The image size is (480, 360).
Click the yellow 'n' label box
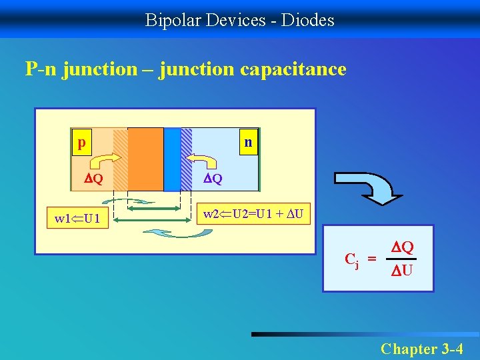pos(248,143)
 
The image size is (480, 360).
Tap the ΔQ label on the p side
pos(93,179)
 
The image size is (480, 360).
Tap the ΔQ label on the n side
pos(213,179)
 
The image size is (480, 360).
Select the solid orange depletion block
pos(145,159)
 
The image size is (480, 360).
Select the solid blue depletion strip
pos(172,159)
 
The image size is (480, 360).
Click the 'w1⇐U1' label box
pos(77,218)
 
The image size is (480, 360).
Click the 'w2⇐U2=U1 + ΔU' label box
pos(253,215)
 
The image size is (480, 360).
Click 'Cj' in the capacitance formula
pos(351,259)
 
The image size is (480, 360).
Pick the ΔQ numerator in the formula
pos(402,247)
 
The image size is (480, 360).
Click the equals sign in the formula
pos(372,259)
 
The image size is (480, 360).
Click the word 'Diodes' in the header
pos(308,20)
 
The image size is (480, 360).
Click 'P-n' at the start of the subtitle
pos(41,69)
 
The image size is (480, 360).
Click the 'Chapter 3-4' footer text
pos(421,347)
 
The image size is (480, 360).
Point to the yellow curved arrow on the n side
pos(201,161)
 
